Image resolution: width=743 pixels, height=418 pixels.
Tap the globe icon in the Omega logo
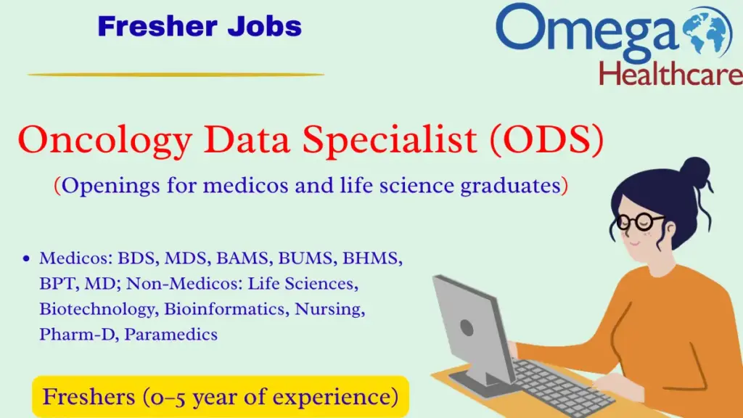710,31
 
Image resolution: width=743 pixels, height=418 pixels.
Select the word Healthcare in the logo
671,73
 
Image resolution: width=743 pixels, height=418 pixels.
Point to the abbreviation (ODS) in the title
546,141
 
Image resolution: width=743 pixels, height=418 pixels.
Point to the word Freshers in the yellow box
86,397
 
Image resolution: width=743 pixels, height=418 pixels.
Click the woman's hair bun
695,173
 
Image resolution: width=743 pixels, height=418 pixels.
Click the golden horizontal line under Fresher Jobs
176,74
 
